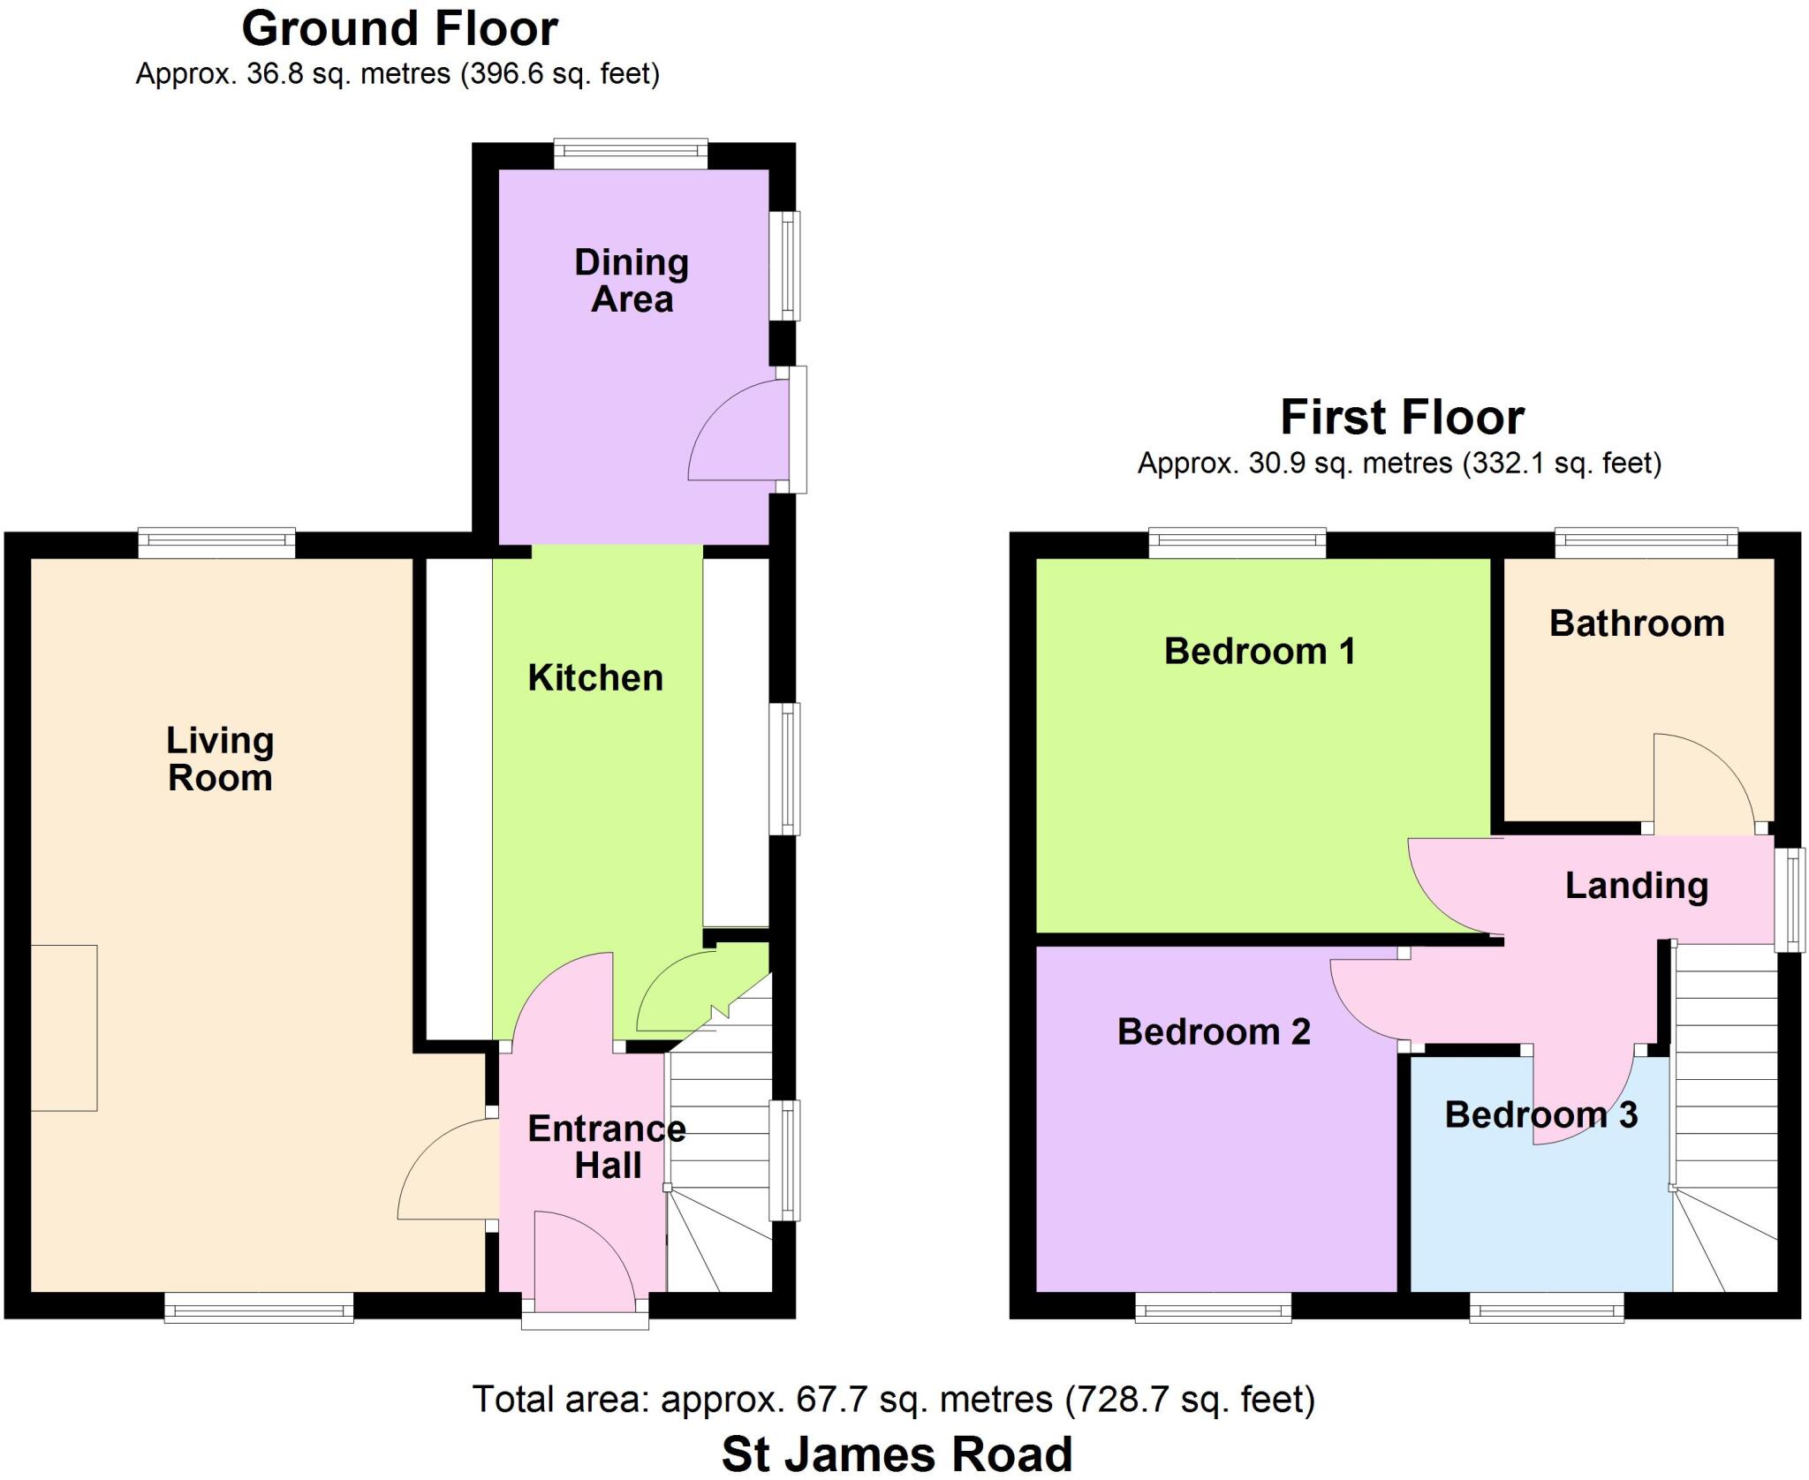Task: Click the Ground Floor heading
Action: pyautogui.click(x=399, y=30)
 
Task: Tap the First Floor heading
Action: pyautogui.click(x=1402, y=418)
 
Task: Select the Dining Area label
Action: pyautogui.click(x=632, y=281)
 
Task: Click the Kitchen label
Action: pyautogui.click(x=595, y=678)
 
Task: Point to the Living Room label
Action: pyautogui.click(x=220, y=759)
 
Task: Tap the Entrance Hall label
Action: pyautogui.click(x=607, y=1147)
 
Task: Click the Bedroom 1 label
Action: pyautogui.click(x=1260, y=652)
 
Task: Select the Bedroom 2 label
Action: pyautogui.click(x=1214, y=1031)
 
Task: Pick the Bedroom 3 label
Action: pyautogui.click(x=1540, y=1114)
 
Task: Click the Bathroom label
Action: pyautogui.click(x=1637, y=623)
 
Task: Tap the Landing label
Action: pyautogui.click(x=1636, y=886)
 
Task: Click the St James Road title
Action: pyautogui.click(x=897, y=1454)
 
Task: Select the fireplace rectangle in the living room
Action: pyautogui.click(x=64, y=1028)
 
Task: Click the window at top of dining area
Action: pyautogui.click(x=631, y=155)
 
